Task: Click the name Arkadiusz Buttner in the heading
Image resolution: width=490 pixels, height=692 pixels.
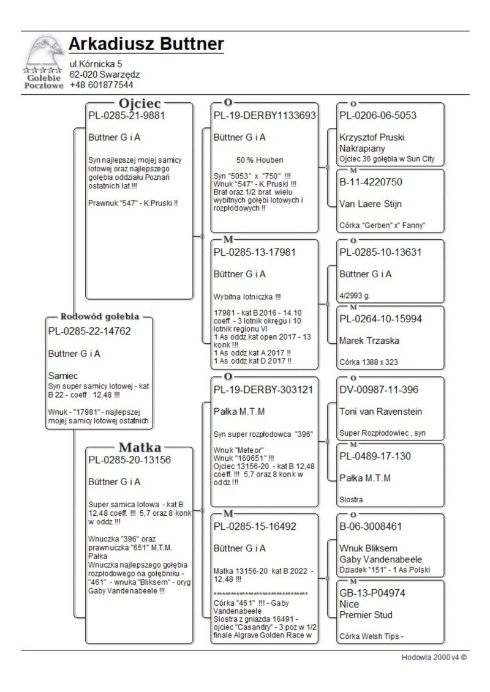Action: click(146, 45)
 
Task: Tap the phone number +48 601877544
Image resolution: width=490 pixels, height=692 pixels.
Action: click(101, 84)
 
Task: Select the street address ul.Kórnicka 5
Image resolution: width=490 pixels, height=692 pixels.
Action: click(96, 64)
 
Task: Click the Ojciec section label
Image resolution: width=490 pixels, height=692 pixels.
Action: click(140, 102)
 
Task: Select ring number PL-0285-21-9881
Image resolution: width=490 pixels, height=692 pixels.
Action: click(127, 114)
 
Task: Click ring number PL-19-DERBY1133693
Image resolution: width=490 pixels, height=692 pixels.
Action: click(264, 115)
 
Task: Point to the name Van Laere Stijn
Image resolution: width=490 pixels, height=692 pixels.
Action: click(370, 204)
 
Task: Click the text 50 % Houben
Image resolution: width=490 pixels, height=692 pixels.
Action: click(260, 160)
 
